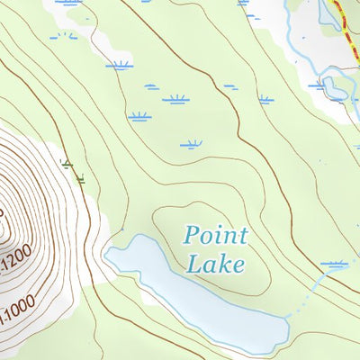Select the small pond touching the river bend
point(335,88)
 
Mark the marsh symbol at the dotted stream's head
point(335,265)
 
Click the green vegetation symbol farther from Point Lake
point(66,163)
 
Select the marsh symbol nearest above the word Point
point(191,144)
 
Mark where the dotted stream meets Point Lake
point(287,318)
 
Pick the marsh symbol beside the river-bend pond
point(316,86)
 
